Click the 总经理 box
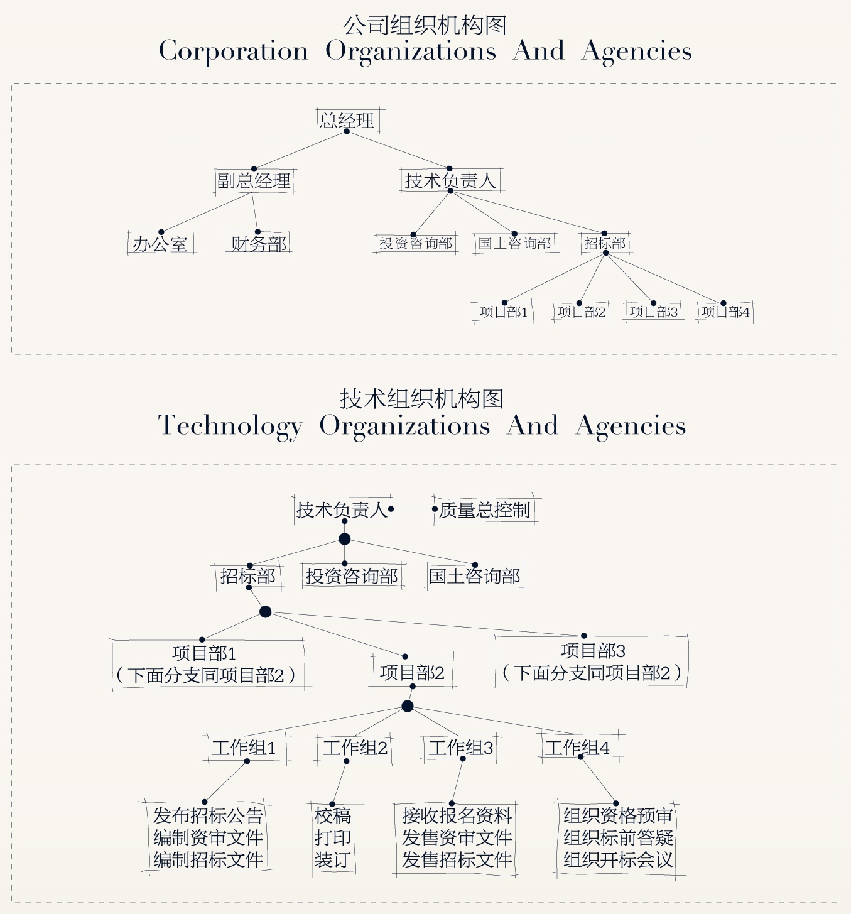[x=349, y=121]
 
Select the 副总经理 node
[x=254, y=180]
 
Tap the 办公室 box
[x=160, y=244]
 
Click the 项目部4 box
[x=725, y=312]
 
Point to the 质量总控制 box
[x=484, y=509]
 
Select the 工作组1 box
[x=247, y=748]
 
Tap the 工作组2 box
[x=354, y=748]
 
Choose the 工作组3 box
[x=461, y=748]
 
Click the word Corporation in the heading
[x=234, y=51]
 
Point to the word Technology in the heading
[x=230, y=426]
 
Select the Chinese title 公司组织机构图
[x=425, y=25]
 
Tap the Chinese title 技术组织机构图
[x=421, y=398]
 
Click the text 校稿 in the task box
[x=332, y=815]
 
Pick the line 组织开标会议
[x=618, y=860]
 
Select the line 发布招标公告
[x=208, y=815]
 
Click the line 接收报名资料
[x=457, y=815]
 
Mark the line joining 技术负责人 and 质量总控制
[x=413, y=509]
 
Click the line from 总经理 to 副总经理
[x=300, y=150]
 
